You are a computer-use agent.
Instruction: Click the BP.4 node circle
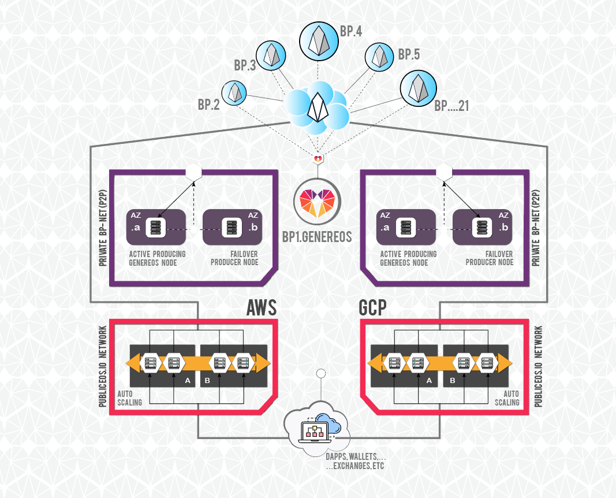click(319, 41)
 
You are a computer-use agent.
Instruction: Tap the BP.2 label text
click(208, 105)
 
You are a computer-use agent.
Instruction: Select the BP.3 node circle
click(271, 56)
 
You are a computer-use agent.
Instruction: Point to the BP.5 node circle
click(379, 57)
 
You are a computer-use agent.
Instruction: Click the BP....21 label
click(451, 105)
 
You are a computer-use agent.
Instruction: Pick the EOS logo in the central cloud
click(318, 107)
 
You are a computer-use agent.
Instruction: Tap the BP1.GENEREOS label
click(317, 237)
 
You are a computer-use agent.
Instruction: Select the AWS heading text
click(262, 307)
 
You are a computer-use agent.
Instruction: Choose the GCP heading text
click(372, 307)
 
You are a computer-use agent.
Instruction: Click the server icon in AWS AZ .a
click(155, 228)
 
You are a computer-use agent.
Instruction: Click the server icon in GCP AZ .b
click(481, 228)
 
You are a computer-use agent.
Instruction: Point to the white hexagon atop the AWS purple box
click(193, 172)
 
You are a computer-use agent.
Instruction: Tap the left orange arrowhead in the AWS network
click(132, 362)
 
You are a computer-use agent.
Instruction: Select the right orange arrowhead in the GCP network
click(505, 363)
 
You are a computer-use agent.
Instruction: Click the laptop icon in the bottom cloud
click(314, 432)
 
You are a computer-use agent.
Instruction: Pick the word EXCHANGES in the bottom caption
click(351, 466)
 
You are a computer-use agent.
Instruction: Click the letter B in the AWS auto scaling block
click(207, 381)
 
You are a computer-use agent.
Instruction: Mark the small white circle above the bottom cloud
click(321, 373)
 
